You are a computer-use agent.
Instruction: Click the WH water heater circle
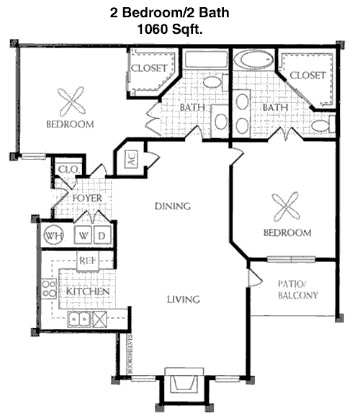click(53, 235)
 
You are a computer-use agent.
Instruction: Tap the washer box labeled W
click(84, 235)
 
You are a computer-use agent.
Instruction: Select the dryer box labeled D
click(102, 235)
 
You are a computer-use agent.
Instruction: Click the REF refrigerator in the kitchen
click(88, 261)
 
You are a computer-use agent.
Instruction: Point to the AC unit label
click(132, 159)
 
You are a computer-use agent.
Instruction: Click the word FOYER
click(87, 198)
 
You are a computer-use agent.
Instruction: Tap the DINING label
click(173, 206)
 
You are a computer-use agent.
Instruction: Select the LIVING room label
click(183, 299)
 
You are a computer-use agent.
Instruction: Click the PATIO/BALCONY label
click(298, 290)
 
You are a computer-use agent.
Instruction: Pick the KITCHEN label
click(88, 291)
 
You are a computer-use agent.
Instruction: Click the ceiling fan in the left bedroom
click(71, 101)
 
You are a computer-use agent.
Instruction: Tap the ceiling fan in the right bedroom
click(286, 207)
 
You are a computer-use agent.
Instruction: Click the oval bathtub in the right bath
click(253, 60)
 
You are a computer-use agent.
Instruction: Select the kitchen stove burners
click(49, 289)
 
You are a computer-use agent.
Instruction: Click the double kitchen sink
click(79, 319)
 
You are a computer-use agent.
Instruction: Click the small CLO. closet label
click(68, 169)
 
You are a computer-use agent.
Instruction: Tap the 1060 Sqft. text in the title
click(170, 29)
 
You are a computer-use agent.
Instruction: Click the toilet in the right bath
click(323, 125)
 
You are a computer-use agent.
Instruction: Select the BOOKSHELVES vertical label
click(130, 353)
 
